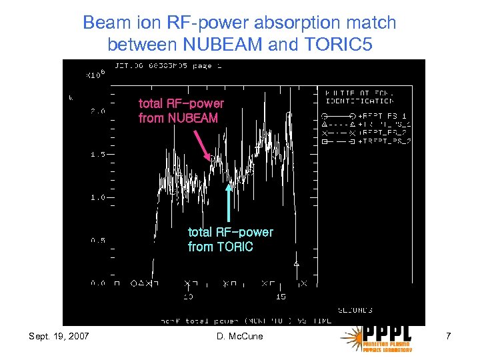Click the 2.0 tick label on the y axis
click(x=97, y=112)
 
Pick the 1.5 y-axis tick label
click(x=97, y=155)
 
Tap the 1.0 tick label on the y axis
click(x=97, y=197)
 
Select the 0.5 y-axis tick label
click(x=97, y=240)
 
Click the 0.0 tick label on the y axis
click(x=97, y=283)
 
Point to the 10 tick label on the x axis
click(x=188, y=296)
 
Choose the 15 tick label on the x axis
click(x=281, y=296)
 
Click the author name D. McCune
click(x=240, y=336)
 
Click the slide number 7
click(x=448, y=336)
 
